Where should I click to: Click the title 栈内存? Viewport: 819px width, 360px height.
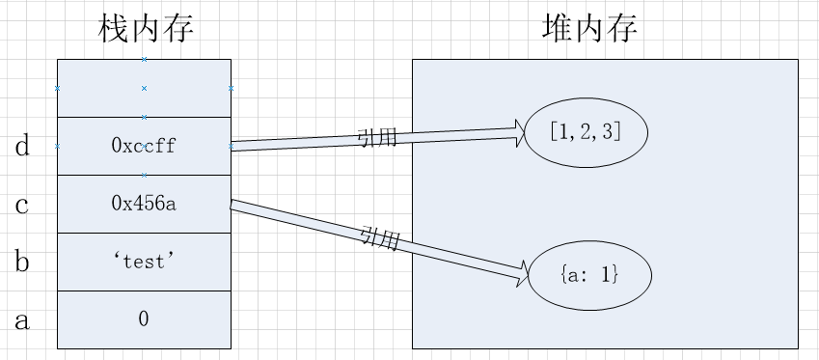146,29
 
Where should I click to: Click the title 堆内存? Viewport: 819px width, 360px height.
589,29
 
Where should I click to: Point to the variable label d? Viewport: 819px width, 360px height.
22,147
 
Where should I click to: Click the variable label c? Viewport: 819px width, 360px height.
22,205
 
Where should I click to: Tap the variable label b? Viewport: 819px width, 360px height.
22,262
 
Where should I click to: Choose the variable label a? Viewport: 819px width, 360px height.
22,319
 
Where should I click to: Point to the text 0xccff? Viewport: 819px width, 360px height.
144,147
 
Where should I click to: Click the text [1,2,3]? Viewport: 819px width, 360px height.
585,132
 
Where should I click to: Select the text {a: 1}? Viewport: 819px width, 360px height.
588,275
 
